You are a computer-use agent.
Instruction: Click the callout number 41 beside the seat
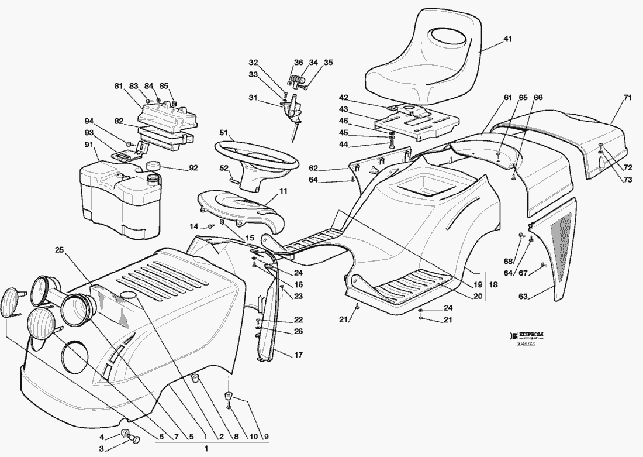507,39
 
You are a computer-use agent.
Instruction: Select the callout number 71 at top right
627,98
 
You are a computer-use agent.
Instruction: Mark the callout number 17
298,355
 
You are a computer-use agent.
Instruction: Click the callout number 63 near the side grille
523,297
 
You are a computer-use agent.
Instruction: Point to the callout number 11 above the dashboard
283,191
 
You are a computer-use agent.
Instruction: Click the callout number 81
119,87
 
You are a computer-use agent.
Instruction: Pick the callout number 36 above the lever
298,63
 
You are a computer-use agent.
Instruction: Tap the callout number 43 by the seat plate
343,109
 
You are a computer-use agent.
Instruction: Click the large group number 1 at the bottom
206,449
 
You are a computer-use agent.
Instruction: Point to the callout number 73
627,180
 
